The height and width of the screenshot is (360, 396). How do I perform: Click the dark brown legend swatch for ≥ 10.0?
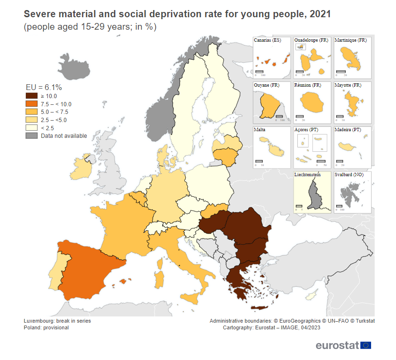click(32, 96)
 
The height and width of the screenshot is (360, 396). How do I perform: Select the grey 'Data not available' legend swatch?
click(32, 136)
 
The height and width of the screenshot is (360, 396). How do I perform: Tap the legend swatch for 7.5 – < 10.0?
click(32, 104)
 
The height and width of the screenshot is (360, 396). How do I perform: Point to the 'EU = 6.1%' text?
click(44, 87)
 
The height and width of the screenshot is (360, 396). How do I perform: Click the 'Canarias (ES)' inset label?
click(267, 40)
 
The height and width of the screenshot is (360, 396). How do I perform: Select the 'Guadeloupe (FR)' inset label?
click(311, 40)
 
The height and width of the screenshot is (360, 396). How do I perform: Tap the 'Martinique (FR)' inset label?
click(351, 40)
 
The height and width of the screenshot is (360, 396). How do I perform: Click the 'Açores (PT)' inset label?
click(306, 130)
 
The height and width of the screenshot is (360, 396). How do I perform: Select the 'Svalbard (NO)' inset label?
click(351, 175)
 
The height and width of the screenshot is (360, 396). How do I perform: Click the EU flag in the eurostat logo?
click(366, 345)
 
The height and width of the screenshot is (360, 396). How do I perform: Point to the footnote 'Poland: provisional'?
click(46, 328)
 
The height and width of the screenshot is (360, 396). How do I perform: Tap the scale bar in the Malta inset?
click(259, 161)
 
